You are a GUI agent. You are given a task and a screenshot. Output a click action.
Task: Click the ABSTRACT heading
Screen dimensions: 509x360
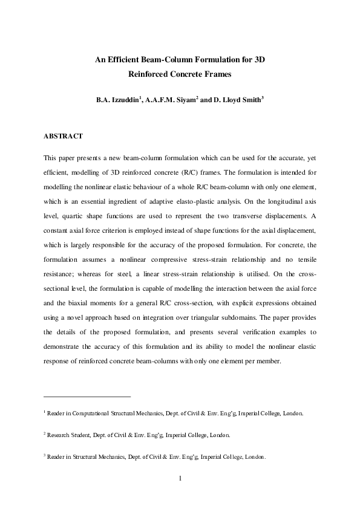pyautogui.click(x=64, y=137)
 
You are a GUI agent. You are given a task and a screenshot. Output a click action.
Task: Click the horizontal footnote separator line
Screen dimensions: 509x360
pyautogui.click(x=87, y=397)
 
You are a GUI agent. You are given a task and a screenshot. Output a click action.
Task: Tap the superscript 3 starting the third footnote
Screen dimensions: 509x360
pyautogui.click(x=45, y=455)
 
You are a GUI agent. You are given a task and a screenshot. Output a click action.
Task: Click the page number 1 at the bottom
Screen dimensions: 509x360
pyautogui.click(x=180, y=479)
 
